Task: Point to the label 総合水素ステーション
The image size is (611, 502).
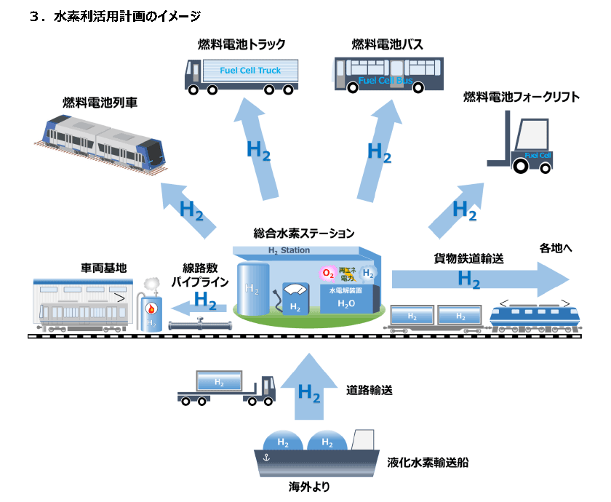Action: pos(304,234)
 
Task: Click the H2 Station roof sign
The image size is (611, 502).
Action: pos(289,250)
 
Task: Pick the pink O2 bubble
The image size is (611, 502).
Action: pos(328,274)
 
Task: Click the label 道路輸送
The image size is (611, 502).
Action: pos(369,391)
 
